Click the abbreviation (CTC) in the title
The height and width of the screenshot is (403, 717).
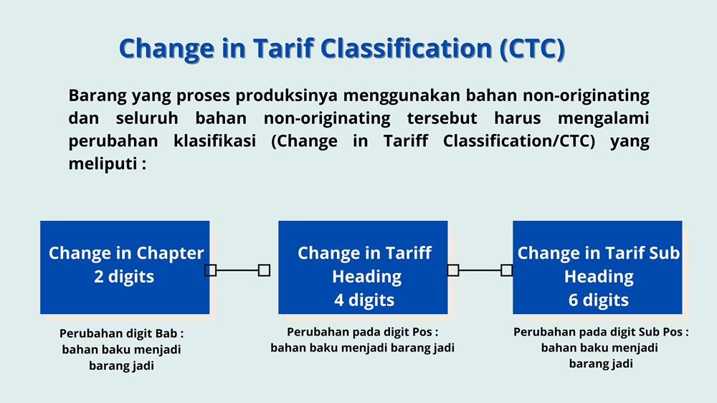533,49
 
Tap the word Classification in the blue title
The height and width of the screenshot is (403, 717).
406,48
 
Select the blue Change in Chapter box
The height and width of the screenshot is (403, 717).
125,267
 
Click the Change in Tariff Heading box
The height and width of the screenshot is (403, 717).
363,267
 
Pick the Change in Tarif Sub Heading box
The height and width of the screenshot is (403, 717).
597,267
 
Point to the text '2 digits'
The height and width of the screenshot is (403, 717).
124,277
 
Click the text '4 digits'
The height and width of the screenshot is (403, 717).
364,300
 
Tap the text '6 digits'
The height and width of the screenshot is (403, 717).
599,300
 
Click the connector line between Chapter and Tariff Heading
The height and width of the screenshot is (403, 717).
237,270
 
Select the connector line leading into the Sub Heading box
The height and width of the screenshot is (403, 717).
480,270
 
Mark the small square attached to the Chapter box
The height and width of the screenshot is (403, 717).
210,270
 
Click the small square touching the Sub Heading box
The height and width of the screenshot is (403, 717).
507,270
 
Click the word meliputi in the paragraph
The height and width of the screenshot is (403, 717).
103,163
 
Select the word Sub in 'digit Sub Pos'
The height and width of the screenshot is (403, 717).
650,331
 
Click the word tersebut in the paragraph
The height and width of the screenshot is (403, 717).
442,118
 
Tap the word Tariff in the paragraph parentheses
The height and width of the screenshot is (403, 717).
406,141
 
